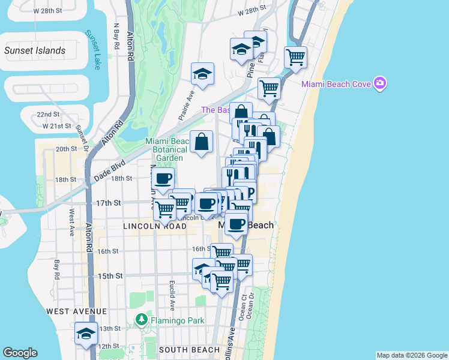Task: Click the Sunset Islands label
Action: [x=34, y=50]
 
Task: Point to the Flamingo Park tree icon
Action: [x=142, y=320]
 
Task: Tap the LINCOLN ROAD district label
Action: [x=155, y=226]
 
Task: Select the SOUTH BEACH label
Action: [x=190, y=350]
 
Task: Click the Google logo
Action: [x=20, y=353]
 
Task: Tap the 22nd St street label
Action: [x=48, y=114]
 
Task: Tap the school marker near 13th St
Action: [x=86, y=334]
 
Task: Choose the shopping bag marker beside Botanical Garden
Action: [x=202, y=142]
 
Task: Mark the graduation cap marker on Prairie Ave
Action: [x=202, y=74]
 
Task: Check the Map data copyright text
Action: [x=412, y=355]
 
